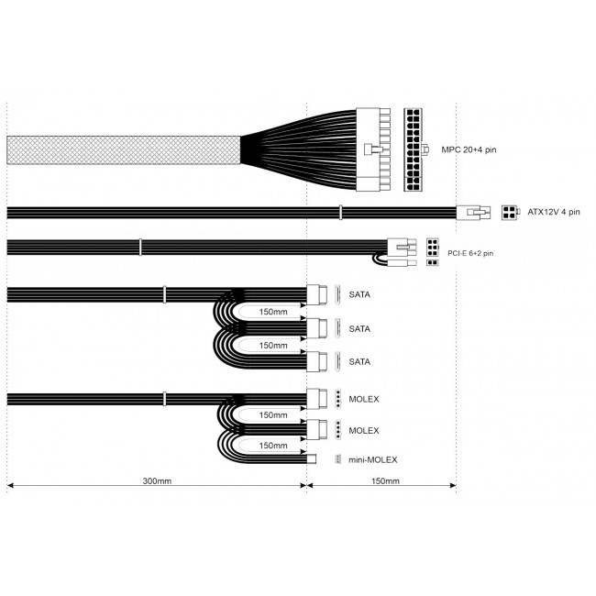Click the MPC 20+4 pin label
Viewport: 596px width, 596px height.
point(469,149)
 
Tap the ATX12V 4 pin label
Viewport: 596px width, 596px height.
point(554,212)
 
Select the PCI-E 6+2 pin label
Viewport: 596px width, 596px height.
point(470,253)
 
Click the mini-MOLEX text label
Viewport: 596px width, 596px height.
point(373,460)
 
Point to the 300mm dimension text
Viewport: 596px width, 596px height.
point(157,480)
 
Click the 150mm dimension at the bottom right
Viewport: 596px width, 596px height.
point(385,480)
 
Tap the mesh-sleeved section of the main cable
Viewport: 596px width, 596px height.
point(124,150)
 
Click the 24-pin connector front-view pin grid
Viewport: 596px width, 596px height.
point(414,149)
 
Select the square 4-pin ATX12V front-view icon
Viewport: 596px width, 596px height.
point(509,213)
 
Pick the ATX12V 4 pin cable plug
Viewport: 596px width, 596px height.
point(473,213)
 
